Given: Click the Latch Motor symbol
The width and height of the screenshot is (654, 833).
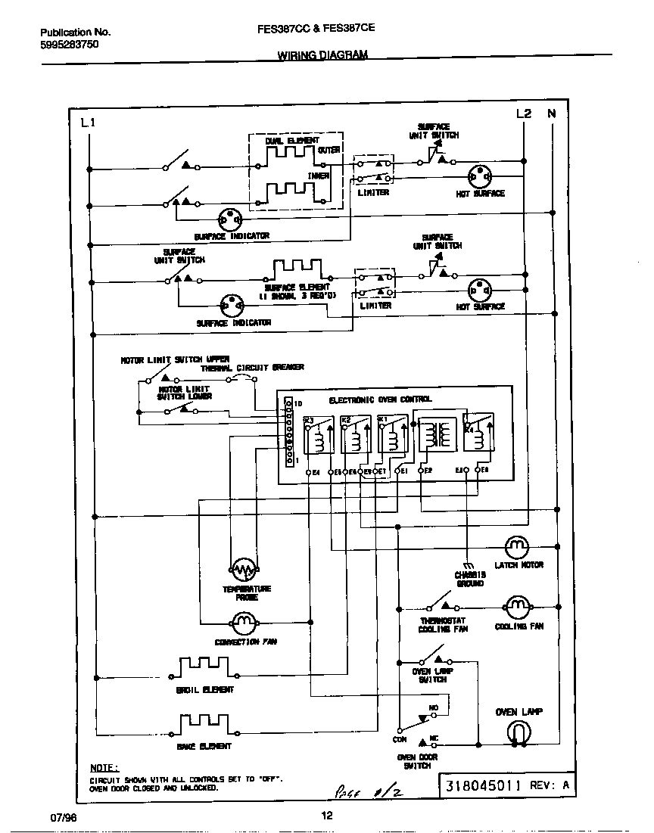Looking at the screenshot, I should click(x=517, y=545).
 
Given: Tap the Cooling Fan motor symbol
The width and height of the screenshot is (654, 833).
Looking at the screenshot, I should click(x=516, y=606).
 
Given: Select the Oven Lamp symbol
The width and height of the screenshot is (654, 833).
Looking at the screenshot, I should click(x=519, y=732).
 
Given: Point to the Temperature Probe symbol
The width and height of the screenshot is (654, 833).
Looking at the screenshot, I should click(x=243, y=569).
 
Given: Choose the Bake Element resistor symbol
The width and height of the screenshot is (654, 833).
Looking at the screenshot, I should click(x=204, y=725).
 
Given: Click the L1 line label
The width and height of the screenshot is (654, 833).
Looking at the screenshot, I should click(x=88, y=123).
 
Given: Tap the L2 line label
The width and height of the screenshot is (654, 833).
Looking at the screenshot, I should click(x=524, y=114).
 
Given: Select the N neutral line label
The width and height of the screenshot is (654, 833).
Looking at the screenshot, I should click(x=552, y=114).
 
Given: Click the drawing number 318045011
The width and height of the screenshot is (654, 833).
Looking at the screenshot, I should click(x=484, y=785).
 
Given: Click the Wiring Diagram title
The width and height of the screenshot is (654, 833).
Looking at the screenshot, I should click(x=322, y=55).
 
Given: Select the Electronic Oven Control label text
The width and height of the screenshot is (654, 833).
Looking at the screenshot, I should click(x=380, y=399).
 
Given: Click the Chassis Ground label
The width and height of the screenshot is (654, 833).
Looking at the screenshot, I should click(x=470, y=580).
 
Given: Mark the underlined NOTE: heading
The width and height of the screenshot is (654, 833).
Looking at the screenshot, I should click(x=104, y=767).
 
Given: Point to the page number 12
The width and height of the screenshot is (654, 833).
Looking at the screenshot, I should click(x=326, y=816).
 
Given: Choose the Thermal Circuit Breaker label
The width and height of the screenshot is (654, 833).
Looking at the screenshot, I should click(x=252, y=367).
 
